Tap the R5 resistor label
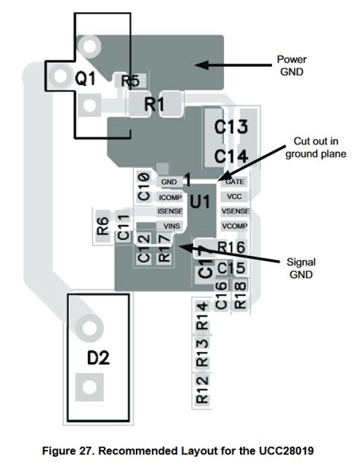coord(129,80)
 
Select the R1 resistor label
coord(154,105)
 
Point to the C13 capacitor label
coord(230,128)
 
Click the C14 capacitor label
coord(230,156)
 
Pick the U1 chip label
coord(200,201)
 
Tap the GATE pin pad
coord(234,182)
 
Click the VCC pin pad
coord(234,196)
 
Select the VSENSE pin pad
coord(234,211)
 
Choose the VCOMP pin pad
coord(234,226)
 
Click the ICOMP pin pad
coord(169,197)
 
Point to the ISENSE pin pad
coord(169,211)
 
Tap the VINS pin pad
coord(169,226)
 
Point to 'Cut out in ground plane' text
coord(315,147)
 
